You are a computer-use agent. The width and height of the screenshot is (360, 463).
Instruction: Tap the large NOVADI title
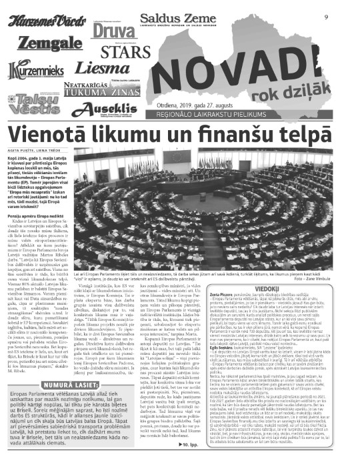[261, 63]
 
